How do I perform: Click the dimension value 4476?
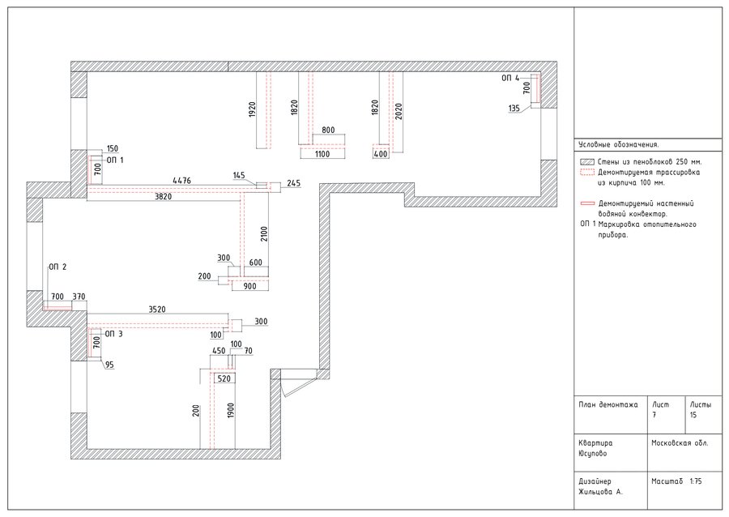181,181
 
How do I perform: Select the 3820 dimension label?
163,197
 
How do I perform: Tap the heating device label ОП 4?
510,78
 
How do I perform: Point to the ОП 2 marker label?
58,267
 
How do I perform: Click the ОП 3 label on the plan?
113,334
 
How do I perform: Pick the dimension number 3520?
157,310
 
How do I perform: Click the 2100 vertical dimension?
264,234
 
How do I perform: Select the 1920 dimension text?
252,109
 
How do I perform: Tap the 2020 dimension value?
399,112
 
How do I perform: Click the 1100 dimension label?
322,154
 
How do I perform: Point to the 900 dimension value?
250,286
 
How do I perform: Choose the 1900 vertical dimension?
231,411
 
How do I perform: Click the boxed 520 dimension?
224,378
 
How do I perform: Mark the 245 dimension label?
294,183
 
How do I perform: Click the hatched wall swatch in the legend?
587,162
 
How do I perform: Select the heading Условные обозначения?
619,144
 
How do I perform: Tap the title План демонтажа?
608,404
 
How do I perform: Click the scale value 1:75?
696,481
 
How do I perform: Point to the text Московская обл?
680,443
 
